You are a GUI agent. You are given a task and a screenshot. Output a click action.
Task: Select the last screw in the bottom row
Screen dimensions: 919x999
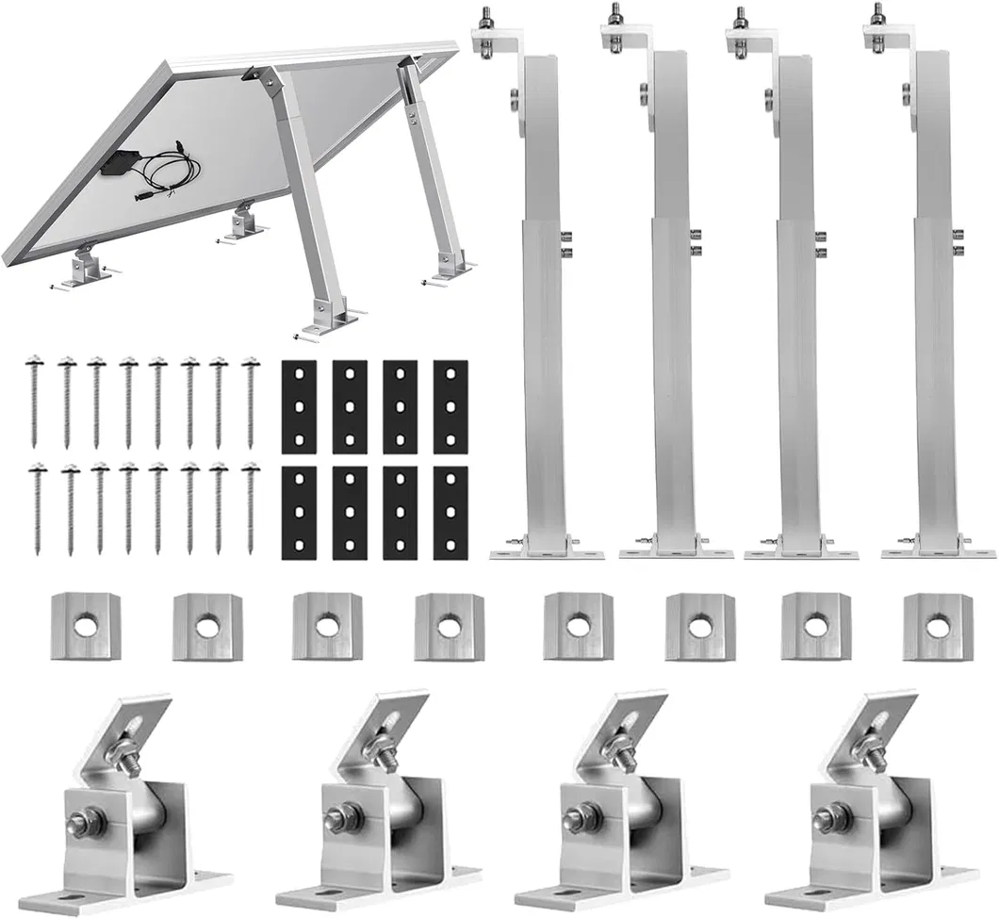[x=250, y=509]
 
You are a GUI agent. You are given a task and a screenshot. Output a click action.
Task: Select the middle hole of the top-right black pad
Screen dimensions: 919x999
[x=450, y=406]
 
